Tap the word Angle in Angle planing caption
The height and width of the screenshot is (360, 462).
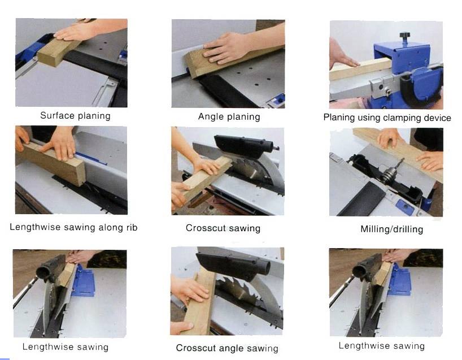(210, 117)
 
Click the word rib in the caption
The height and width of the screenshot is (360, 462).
(131, 227)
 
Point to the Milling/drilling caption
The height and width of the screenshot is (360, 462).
(391, 229)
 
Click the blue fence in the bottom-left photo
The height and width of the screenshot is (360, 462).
(84, 281)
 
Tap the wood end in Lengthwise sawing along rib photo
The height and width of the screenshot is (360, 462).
(77, 172)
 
